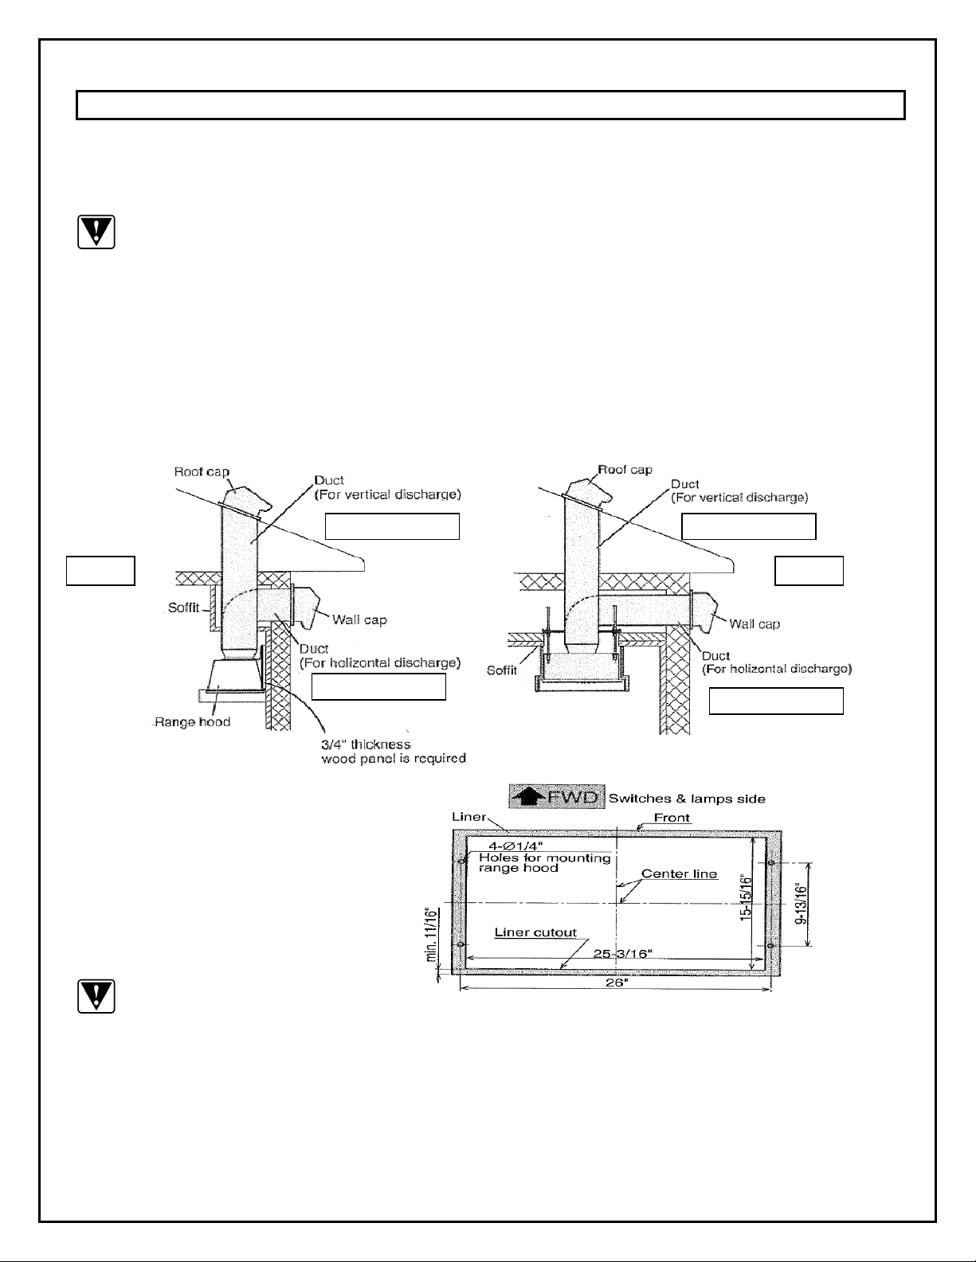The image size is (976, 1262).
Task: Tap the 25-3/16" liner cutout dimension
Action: click(623, 953)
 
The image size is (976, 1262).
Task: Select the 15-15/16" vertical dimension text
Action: click(746, 897)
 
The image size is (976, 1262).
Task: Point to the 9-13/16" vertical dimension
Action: click(802, 904)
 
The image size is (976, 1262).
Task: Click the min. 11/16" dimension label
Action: click(431, 934)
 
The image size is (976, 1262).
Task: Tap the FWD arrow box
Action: click(557, 796)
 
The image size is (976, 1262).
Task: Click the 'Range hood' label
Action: click(192, 722)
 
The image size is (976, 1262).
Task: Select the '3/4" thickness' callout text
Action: click(366, 744)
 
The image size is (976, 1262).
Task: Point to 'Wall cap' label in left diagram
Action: click(359, 619)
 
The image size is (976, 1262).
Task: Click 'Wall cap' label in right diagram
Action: click(755, 623)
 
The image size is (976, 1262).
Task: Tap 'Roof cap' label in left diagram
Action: click(202, 471)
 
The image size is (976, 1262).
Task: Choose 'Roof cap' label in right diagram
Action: click(625, 469)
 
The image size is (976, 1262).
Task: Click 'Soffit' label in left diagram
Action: click(183, 608)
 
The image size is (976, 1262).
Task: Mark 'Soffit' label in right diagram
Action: click(502, 670)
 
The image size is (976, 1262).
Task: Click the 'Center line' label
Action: click(679, 873)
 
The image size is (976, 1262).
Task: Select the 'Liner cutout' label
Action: click(535, 932)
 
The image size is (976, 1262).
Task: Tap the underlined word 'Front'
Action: click(672, 818)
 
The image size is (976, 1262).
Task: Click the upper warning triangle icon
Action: click(96, 232)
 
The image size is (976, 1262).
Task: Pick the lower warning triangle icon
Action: click(96, 996)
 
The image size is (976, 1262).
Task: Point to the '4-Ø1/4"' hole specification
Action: click(515, 846)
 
